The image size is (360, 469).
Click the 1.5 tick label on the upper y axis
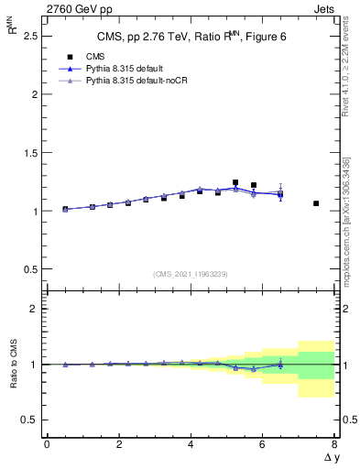28,152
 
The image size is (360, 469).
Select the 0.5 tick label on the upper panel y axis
28,269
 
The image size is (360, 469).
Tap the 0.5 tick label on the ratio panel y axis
28,420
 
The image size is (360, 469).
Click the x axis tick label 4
191,444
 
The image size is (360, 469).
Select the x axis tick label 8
334,444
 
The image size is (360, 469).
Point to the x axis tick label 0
47,444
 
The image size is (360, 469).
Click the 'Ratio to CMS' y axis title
12,365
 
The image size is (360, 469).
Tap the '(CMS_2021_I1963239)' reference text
191,274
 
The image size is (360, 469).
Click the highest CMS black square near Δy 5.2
235,182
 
